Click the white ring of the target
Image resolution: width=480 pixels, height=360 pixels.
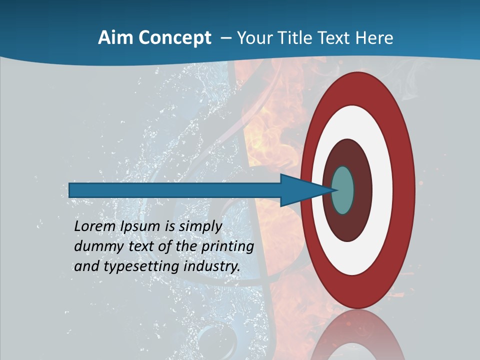click(x=382, y=190)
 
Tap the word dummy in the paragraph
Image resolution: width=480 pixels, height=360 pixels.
click(x=99, y=246)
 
